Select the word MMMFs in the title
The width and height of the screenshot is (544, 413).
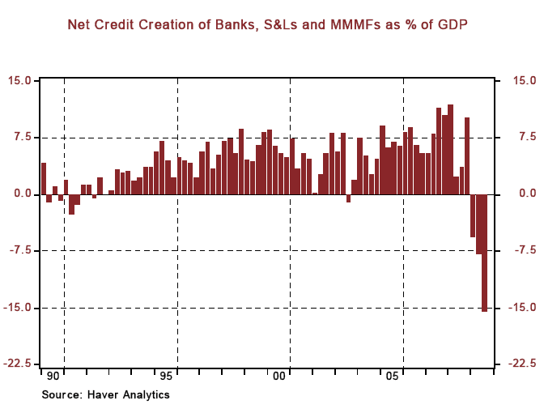[359, 26]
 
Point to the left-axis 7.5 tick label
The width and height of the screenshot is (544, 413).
[23, 138]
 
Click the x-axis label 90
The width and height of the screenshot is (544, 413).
[53, 377]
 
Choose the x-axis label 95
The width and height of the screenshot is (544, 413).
[166, 377]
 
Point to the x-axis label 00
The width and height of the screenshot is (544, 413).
[279, 377]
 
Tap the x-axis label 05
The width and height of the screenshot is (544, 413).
[393, 377]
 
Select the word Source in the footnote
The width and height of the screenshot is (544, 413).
[60, 394]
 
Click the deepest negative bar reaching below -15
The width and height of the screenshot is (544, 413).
[485, 253]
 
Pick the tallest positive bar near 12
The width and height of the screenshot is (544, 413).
[450, 149]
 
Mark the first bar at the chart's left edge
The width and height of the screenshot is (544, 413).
[44, 178]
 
